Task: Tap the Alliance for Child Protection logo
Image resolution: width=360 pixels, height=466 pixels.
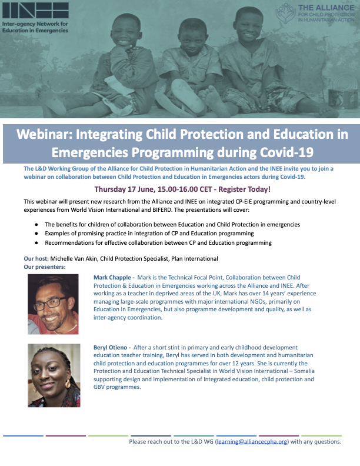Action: pos(318,12)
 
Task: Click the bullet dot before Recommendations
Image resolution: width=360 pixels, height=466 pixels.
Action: pos(36,242)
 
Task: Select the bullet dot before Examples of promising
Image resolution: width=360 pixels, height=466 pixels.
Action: pos(36,234)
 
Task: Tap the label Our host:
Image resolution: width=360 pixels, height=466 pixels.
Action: pos(36,258)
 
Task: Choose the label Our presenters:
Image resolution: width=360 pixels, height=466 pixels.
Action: pos(45,267)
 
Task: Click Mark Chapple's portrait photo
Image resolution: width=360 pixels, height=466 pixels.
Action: pos(54,304)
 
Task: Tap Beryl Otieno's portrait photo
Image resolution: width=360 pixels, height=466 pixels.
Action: pos(54,375)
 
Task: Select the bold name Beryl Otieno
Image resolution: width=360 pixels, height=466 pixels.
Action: pos(111,348)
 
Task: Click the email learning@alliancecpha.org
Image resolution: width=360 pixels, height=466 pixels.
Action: pos(252,441)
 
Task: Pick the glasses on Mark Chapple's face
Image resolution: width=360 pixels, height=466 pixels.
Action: pos(55,302)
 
